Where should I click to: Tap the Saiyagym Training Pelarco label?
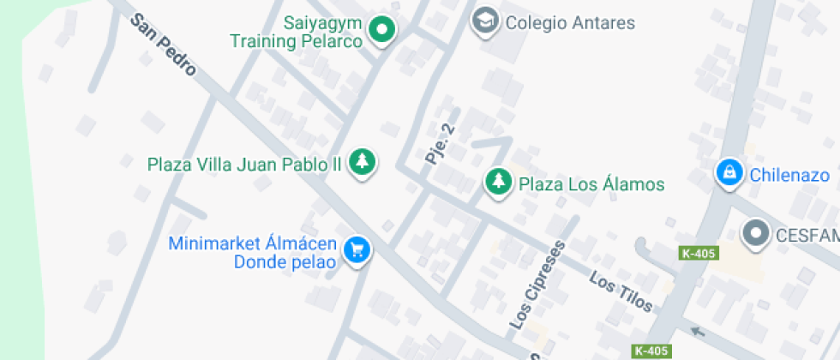(297, 31)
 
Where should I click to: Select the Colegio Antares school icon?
(485, 21)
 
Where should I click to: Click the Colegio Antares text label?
(570, 22)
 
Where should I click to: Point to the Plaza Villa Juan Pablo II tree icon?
(363, 161)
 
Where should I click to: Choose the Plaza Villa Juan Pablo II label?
(244, 163)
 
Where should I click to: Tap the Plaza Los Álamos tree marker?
(497, 182)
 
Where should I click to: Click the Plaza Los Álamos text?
(591, 183)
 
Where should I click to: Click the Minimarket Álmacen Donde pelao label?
(253, 252)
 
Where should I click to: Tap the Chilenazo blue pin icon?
(729, 173)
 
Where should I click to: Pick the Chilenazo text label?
(789, 175)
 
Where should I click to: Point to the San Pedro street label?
(163, 45)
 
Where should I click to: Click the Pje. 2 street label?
(439, 144)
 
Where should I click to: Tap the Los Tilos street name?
(621, 291)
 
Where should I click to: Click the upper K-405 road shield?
(699, 254)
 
